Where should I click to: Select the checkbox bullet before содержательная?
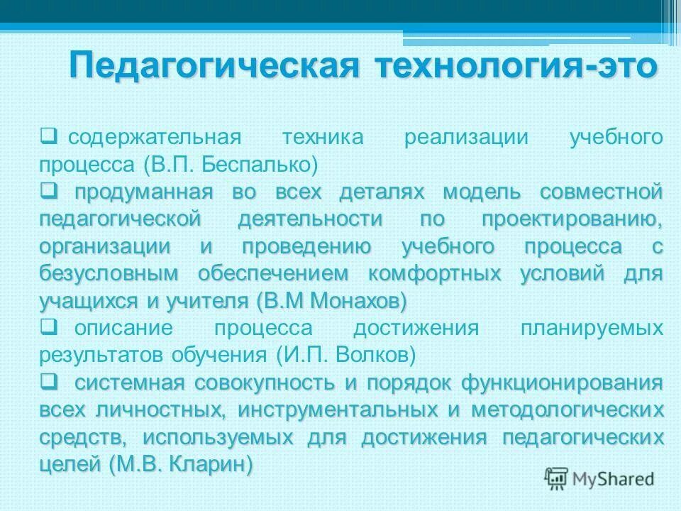[48, 135]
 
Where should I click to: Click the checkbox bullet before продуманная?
[48, 190]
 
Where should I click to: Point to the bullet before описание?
[48, 327]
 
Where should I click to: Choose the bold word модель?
[482, 192]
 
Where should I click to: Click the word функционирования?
[562, 383]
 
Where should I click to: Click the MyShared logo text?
[613, 478]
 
